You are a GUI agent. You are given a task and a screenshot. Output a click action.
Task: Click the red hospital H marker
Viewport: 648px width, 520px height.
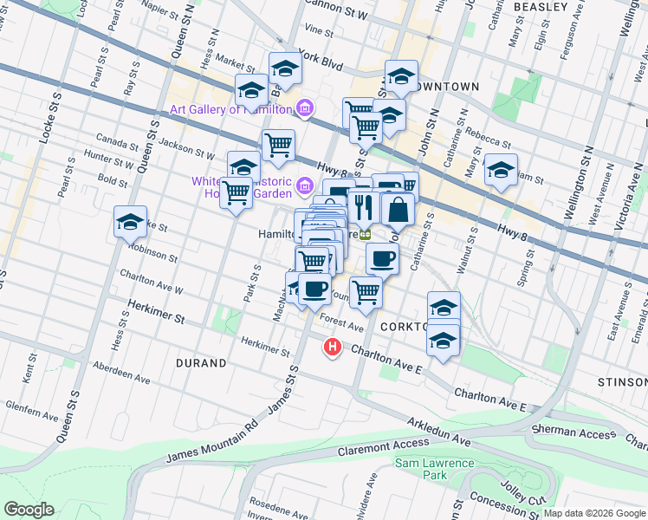tap(332, 348)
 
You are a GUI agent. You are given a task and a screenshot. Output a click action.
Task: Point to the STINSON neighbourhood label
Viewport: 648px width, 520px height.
tap(622, 382)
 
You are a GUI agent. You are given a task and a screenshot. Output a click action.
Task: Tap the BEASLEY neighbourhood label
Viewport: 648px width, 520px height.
tap(541, 7)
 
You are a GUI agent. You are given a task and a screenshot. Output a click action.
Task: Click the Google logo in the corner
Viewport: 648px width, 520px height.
tap(29, 510)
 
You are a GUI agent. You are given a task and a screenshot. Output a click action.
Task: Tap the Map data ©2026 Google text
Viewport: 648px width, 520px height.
tap(594, 513)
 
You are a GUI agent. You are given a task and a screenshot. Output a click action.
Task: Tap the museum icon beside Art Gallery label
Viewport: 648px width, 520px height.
tap(304, 109)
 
